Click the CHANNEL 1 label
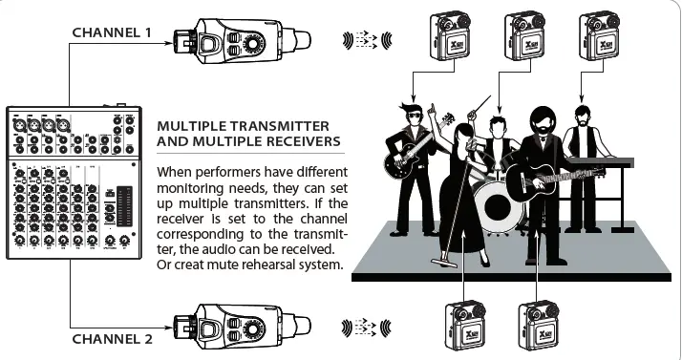112,32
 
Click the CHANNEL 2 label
112,338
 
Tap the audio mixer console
73,182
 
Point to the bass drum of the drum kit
493,203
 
